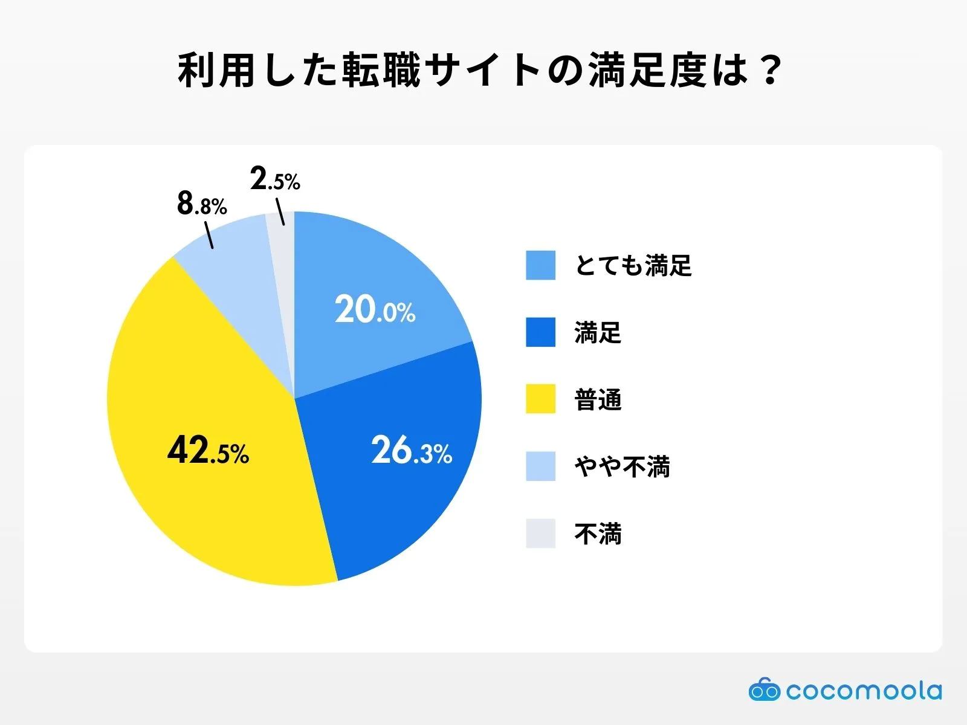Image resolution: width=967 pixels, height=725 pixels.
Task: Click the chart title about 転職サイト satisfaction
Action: click(x=480, y=71)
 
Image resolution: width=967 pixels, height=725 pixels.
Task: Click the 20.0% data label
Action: click(x=375, y=310)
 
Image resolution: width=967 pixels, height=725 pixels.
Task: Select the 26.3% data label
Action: click(x=411, y=451)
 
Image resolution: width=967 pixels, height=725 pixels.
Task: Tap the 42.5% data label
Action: click(x=208, y=451)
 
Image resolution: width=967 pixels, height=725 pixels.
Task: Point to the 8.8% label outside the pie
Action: click(x=202, y=204)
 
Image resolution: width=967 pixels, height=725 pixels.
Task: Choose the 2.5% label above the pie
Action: click(x=275, y=179)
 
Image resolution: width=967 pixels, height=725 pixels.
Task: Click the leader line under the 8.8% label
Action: click(x=209, y=236)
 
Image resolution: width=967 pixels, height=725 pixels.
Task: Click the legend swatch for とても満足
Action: click(x=540, y=265)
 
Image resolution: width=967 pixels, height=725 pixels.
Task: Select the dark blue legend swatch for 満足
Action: click(x=540, y=332)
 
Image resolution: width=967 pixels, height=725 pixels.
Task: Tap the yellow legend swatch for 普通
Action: click(x=540, y=399)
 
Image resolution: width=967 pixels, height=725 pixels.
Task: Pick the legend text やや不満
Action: click(x=622, y=466)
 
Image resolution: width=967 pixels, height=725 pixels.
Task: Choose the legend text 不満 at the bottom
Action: click(x=598, y=533)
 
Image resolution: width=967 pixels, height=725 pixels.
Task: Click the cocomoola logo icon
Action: click(x=764, y=689)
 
